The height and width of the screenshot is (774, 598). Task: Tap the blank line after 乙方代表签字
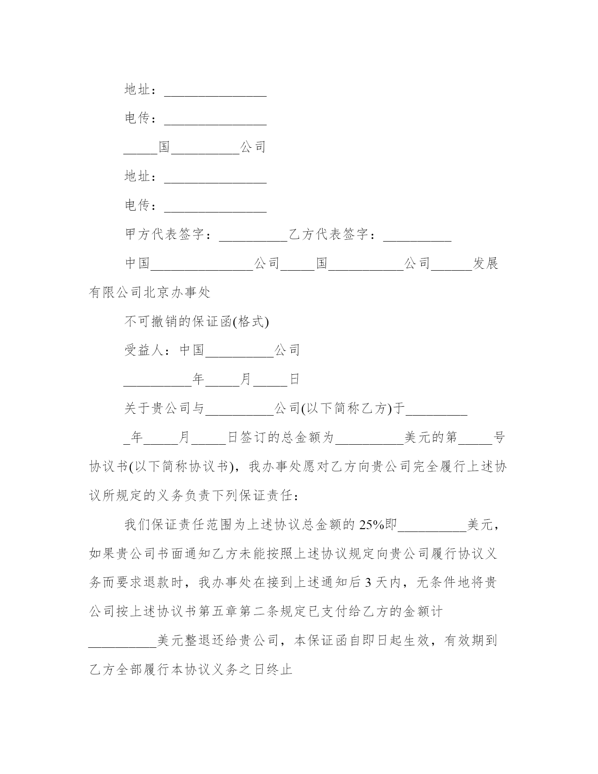pyautogui.click(x=417, y=237)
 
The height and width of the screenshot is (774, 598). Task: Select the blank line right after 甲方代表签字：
pyautogui.click(x=253, y=237)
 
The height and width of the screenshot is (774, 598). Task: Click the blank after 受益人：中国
pyautogui.click(x=240, y=353)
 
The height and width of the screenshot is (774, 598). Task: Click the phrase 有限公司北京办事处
pyautogui.click(x=150, y=292)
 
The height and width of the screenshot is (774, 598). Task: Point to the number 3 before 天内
pyautogui.click(x=368, y=583)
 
